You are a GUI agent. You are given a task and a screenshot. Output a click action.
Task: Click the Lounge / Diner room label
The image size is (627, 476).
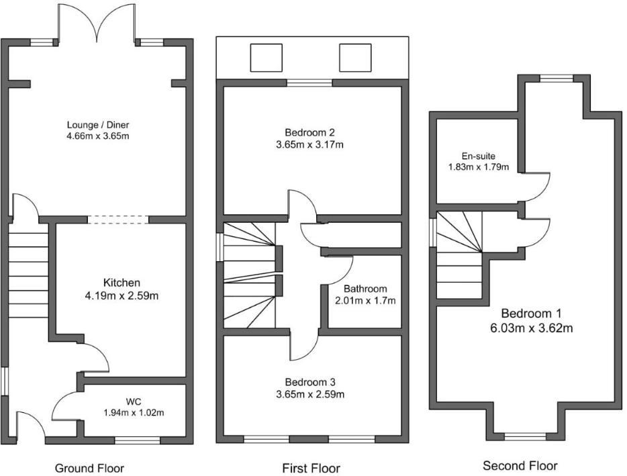click(x=97, y=124)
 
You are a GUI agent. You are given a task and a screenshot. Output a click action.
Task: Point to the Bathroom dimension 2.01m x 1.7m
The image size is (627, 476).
click(x=365, y=301)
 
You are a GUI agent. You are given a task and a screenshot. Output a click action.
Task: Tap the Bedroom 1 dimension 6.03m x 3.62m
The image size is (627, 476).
click(x=530, y=328)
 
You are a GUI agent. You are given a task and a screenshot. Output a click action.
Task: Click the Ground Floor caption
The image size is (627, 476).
click(x=89, y=468)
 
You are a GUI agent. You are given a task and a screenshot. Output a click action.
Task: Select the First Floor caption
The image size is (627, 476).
click(x=310, y=468)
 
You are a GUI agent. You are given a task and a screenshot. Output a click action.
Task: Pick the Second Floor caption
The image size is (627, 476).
click(x=520, y=465)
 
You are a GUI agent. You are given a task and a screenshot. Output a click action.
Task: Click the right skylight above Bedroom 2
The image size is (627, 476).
click(x=354, y=57)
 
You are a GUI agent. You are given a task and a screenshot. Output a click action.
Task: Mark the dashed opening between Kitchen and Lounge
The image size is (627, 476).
click(x=118, y=219)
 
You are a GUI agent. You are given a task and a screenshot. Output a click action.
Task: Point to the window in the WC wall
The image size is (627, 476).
click(x=137, y=440)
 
